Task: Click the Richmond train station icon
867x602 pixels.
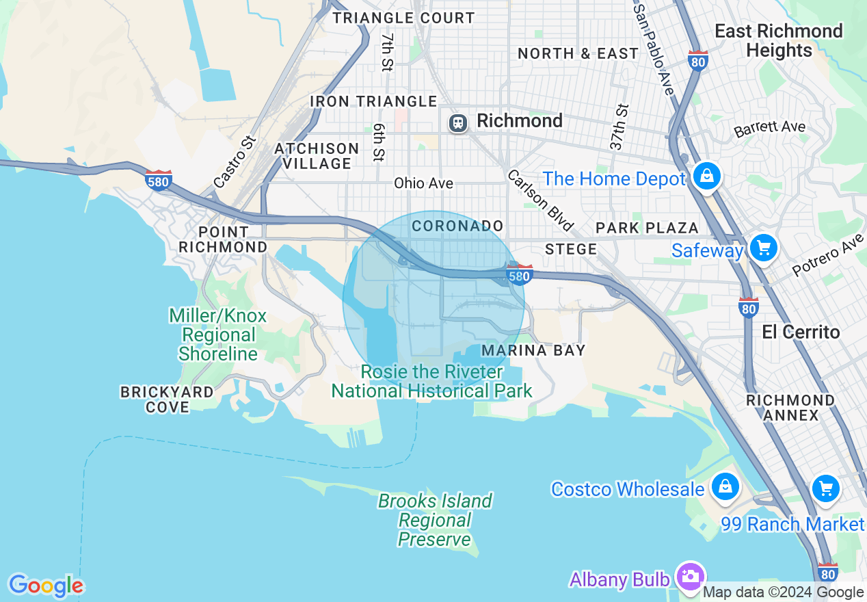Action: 457,122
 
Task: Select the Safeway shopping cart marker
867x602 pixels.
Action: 763,248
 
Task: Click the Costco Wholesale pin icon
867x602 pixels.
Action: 724,487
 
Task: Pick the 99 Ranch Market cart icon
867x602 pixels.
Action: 826,488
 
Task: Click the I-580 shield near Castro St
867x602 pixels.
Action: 159,181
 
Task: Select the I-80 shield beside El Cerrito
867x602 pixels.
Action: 749,307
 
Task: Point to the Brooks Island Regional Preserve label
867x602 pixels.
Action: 436,520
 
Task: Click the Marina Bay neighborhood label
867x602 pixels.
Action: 533,350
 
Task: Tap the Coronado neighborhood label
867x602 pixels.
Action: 457,226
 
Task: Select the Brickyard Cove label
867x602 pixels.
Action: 168,400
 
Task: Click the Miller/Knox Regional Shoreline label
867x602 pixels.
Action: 218,335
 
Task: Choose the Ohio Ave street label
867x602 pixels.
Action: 423,183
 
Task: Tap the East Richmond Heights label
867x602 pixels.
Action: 779,40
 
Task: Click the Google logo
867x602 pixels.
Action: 46,586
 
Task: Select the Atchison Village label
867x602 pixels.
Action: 316,156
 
